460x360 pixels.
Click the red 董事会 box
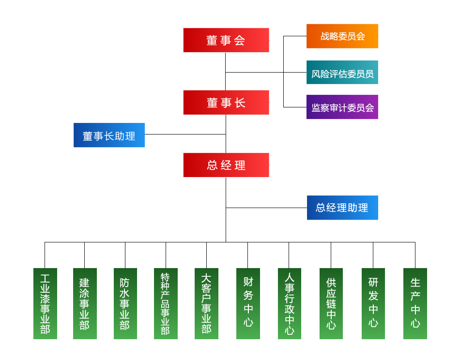pyautogui.click(x=226, y=40)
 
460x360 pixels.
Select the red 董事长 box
pyautogui.click(x=226, y=103)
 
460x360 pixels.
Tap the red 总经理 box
pyautogui.click(x=226, y=165)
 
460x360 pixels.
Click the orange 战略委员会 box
pyautogui.click(x=342, y=36)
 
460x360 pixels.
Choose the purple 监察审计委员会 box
pyautogui.click(x=342, y=107)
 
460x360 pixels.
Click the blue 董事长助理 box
pyautogui.click(x=109, y=135)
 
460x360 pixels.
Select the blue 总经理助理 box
pyautogui.click(x=342, y=208)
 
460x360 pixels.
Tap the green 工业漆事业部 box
pyautogui.click(x=45, y=303)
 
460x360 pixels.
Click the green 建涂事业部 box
pyautogui.click(x=85, y=303)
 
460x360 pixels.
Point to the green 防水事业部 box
pyautogui.click(x=125, y=303)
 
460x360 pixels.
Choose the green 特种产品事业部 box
pyautogui.click(x=166, y=303)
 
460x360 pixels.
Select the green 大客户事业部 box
pyautogui.click(x=206, y=303)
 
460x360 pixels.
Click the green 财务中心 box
pyautogui.click(x=248, y=303)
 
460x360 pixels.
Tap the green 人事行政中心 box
pyautogui.click(x=289, y=303)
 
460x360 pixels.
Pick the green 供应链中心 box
pyautogui.click(x=331, y=303)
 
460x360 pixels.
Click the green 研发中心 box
pyautogui.click(x=373, y=303)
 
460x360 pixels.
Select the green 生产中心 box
pyautogui.click(x=415, y=303)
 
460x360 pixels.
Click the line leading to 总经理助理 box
pyautogui.click(x=266, y=208)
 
